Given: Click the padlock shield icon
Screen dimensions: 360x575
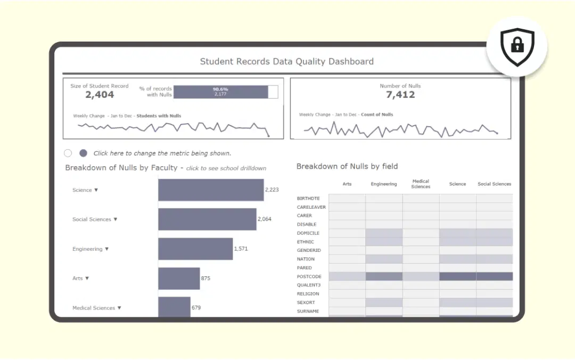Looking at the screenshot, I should coord(517,47).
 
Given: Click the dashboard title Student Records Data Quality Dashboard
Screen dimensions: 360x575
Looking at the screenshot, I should coord(286,61).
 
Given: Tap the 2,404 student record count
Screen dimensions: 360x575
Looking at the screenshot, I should coord(100,95).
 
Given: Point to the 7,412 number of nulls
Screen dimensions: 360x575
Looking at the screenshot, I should coord(400,95).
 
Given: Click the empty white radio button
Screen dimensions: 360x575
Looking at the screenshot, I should coord(68,153).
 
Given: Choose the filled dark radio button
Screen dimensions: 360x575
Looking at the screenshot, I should coord(83,153).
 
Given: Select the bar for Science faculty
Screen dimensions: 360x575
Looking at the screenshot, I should coord(211,190).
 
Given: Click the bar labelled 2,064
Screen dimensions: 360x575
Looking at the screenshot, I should coord(207,219).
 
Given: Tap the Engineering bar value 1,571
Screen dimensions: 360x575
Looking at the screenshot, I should coord(241,249).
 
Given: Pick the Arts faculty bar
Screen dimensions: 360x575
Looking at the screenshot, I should coord(179,279).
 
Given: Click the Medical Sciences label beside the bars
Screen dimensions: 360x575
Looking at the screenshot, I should coord(97,308).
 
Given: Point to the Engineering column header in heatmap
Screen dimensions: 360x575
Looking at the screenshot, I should coord(384,184).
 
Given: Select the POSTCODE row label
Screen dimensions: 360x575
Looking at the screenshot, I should coord(309,276).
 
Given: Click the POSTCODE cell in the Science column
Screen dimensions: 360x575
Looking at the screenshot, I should coord(457,276).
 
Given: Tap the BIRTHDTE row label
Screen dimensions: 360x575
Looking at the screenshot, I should coord(308,199).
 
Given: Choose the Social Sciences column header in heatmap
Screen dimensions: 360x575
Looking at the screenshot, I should coord(494,184).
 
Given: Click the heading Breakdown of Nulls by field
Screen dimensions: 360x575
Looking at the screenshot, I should coord(347,167).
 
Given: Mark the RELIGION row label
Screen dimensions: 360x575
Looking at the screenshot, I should coord(308,294).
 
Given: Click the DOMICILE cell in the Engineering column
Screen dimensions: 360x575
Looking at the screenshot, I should coord(384,233).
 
